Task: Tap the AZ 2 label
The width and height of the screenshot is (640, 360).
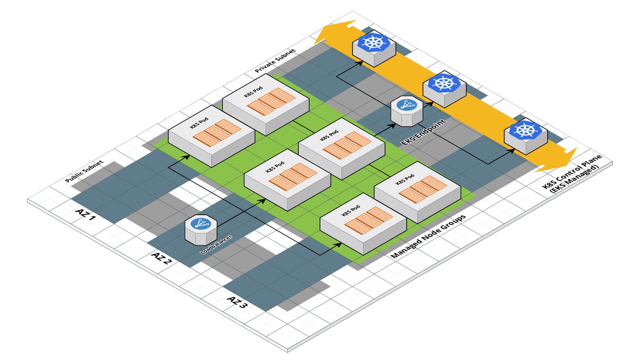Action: (162, 258)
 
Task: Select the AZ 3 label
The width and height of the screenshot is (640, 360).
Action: (237, 302)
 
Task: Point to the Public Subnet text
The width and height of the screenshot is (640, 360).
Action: (85, 171)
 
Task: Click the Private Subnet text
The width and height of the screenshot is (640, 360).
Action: (275, 61)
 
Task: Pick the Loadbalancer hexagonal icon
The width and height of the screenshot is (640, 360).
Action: (201, 230)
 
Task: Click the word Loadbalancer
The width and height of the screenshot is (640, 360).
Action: (216, 245)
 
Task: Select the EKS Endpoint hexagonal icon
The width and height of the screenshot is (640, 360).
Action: (407, 111)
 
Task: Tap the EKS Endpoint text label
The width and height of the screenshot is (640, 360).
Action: (423, 132)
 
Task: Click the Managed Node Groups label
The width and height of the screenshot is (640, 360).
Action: (428, 236)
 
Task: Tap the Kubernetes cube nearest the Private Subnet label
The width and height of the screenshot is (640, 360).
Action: (374, 49)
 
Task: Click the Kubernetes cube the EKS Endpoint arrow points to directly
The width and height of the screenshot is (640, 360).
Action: (444, 89)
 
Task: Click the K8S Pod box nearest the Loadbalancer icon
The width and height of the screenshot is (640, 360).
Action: (287, 180)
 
